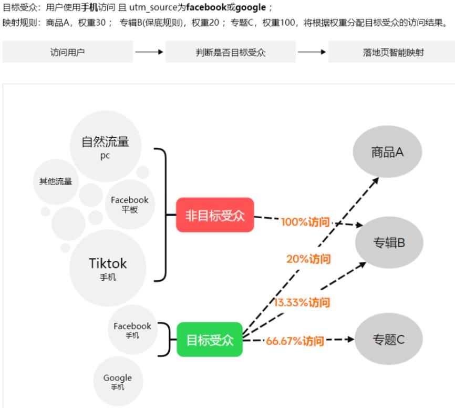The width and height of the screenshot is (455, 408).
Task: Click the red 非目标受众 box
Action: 215,215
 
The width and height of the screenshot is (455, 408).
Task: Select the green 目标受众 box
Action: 210,340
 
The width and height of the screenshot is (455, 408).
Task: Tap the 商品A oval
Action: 387,152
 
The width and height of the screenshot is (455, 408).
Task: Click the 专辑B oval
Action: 389,242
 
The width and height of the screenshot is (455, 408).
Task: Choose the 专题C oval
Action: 389,339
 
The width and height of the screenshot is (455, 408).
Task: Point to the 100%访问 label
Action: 305,222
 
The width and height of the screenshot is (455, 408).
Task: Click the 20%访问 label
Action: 308,259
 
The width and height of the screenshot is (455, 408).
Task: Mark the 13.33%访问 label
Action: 302,302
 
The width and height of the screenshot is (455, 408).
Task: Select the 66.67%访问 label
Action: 295,341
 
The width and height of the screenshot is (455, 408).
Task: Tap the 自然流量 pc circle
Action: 105,147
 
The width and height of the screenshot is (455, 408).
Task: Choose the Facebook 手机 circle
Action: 132,330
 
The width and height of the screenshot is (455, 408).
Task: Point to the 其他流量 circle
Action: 56,182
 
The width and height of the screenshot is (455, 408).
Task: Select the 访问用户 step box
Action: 67,52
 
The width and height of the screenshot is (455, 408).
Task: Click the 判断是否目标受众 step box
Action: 230,52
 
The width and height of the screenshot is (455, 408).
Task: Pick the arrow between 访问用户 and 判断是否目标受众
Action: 149,52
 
